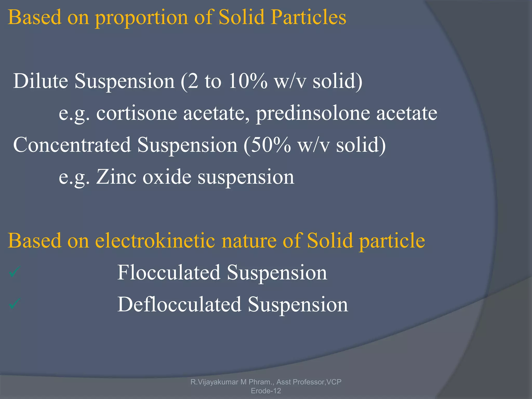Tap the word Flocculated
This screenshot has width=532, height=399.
coord(169,272)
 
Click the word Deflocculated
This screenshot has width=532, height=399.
coord(179,304)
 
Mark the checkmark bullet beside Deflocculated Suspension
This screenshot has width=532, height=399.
coord(14,304)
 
